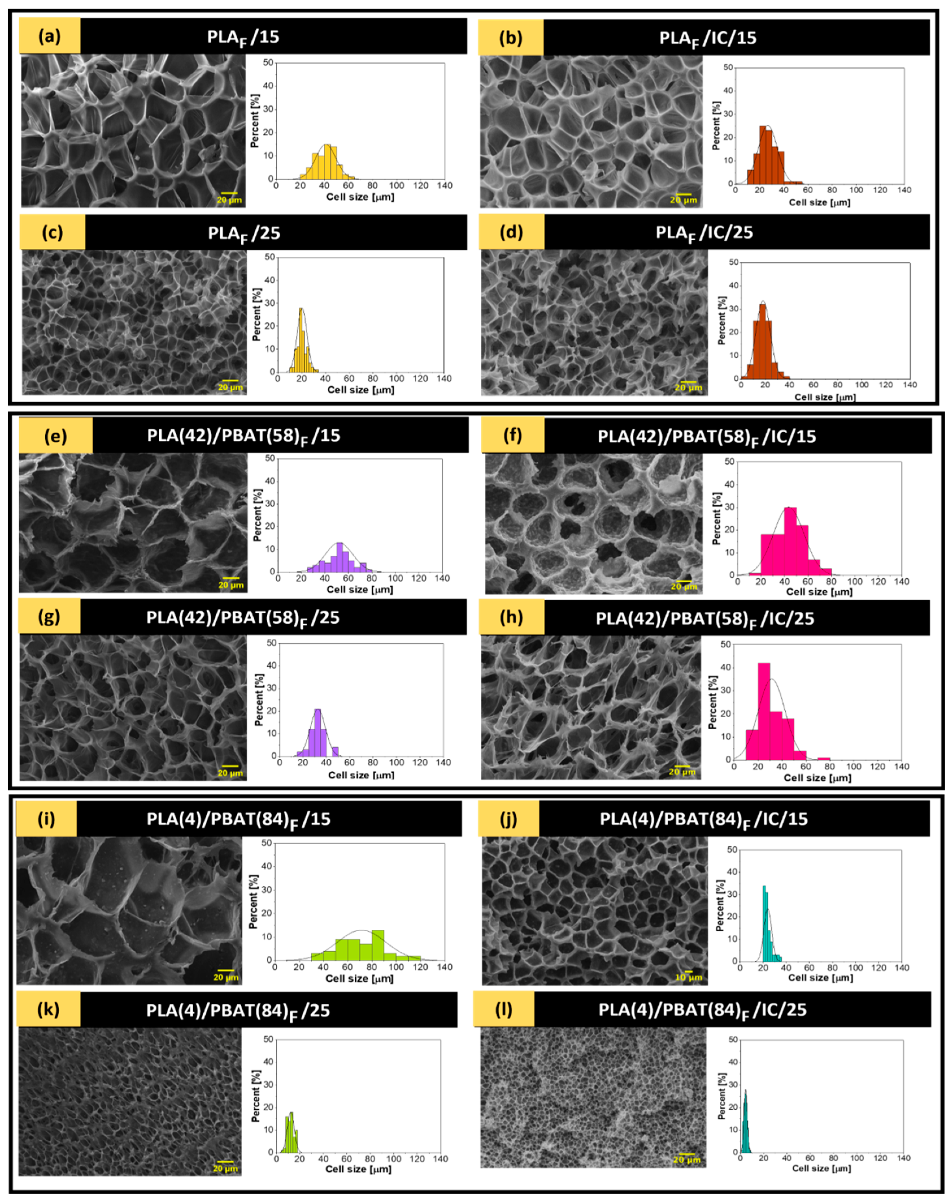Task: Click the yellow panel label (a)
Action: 49,36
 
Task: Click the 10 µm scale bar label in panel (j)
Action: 688,978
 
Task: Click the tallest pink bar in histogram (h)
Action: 764,710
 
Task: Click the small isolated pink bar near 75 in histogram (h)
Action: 824,758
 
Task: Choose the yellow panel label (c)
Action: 52,232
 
